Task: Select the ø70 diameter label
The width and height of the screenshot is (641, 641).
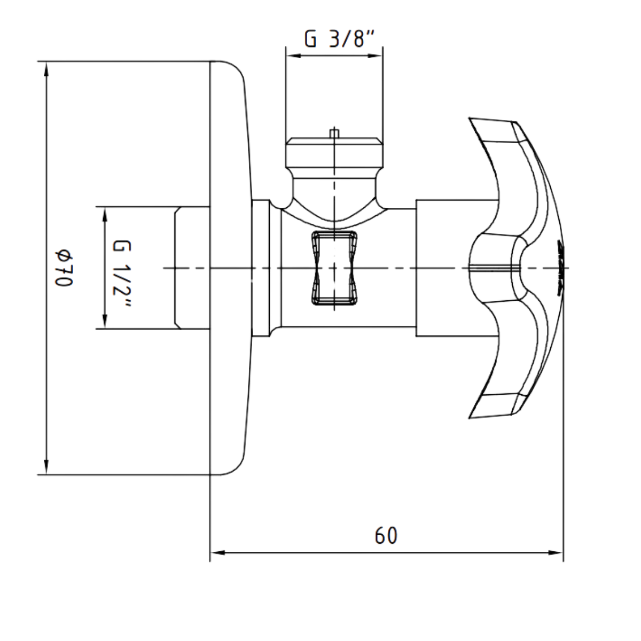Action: click(x=63, y=268)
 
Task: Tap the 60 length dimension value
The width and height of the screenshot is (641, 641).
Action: click(x=386, y=536)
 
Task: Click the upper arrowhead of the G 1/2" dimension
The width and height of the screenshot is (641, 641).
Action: click(x=104, y=213)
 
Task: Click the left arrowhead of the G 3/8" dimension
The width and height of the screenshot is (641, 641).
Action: click(x=292, y=54)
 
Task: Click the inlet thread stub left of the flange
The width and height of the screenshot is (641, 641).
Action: click(x=192, y=268)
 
